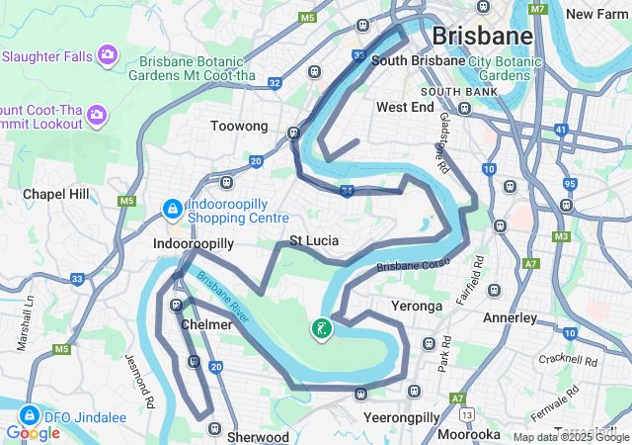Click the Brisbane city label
483,37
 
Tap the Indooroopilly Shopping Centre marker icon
172,210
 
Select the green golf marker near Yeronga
321,328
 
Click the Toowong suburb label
239,127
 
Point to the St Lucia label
314,241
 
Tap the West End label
405,107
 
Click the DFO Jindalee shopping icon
29,416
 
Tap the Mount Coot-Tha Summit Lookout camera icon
97,116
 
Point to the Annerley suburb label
510,318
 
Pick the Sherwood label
258,436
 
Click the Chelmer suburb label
206,324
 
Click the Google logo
33,433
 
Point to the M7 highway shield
537,9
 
